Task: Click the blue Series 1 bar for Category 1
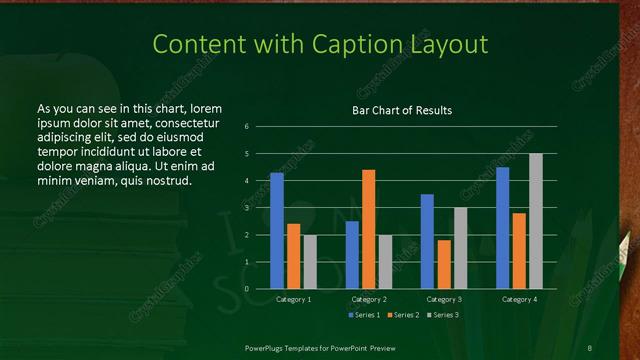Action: click(277, 231)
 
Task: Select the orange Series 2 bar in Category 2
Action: click(369, 229)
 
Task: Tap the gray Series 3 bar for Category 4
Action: click(536, 221)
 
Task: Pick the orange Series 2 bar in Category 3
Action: click(444, 264)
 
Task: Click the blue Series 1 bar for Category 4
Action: click(502, 228)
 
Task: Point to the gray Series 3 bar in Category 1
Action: click(311, 262)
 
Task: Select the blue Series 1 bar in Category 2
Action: click(352, 255)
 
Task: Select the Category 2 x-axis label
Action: click(369, 299)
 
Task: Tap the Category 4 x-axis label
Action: click(519, 299)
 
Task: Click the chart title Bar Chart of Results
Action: click(402, 110)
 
